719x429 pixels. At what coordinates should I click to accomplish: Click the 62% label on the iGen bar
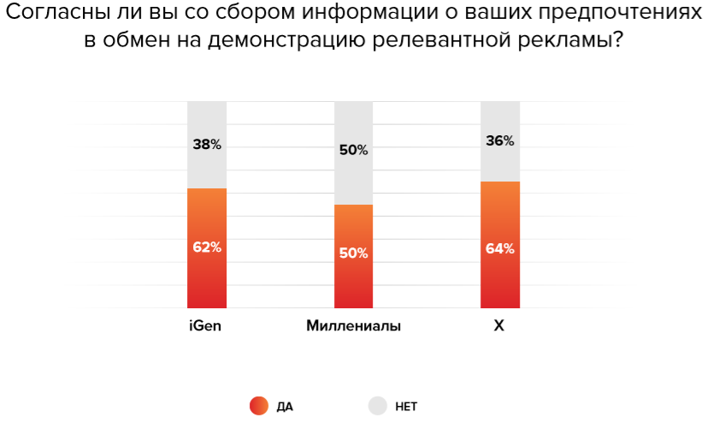coord(207,247)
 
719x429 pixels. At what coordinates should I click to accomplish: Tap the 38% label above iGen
coord(207,145)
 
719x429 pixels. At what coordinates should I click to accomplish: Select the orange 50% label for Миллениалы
coord(353,253)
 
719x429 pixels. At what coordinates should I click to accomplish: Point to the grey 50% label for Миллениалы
coord(353,150)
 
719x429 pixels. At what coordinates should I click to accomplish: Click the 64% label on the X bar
coord(500,249)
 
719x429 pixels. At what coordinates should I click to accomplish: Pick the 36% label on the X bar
coord(500,141)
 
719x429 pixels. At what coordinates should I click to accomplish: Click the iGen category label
coord(206,326)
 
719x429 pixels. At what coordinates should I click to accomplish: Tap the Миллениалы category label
coord(353,326)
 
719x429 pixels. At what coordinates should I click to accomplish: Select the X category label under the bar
coord(499,326)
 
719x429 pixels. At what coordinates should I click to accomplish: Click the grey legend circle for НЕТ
coord(378,406)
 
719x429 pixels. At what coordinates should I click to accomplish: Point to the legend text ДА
coord(285,407)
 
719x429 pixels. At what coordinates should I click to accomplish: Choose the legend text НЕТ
coord(406,407)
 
